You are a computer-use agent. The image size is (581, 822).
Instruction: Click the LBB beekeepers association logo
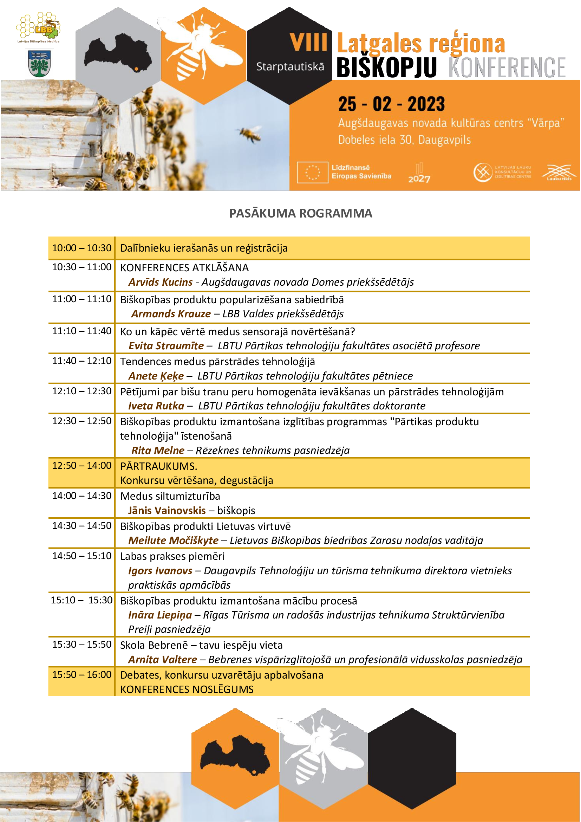[x=39, y=26]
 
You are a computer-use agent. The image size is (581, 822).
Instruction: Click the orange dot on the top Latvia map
[x=136, y=69]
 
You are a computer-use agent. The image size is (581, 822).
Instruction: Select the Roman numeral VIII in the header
[x=308, y=42]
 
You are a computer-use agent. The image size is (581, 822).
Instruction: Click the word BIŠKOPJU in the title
[x=386, y=67]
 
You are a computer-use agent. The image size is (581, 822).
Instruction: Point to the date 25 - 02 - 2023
[x=391, y=104]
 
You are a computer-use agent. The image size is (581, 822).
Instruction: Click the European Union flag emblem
[x=312, y=172]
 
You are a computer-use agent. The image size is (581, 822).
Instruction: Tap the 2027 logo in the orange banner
[x=419, y=174]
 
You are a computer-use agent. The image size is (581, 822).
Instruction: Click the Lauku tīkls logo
[x=559, y=173]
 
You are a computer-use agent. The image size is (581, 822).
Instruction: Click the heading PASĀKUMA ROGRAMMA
[x=301, y=213]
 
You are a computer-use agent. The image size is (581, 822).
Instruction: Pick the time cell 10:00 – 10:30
[x=82, y=248]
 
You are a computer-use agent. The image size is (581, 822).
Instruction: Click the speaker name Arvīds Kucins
[x=161, y=282]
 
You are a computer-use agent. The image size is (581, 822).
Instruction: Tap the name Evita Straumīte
[x=166, y=346]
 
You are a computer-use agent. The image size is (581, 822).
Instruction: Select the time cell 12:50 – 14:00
[x=82, y=465]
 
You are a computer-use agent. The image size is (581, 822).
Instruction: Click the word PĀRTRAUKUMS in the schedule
[x=158, y=466]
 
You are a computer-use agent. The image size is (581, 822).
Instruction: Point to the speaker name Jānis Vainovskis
[x=167, y=511]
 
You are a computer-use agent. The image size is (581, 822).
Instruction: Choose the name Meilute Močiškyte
[x=174, y=541]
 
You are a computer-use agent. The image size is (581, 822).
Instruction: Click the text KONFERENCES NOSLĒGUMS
[x=187, y=690]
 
